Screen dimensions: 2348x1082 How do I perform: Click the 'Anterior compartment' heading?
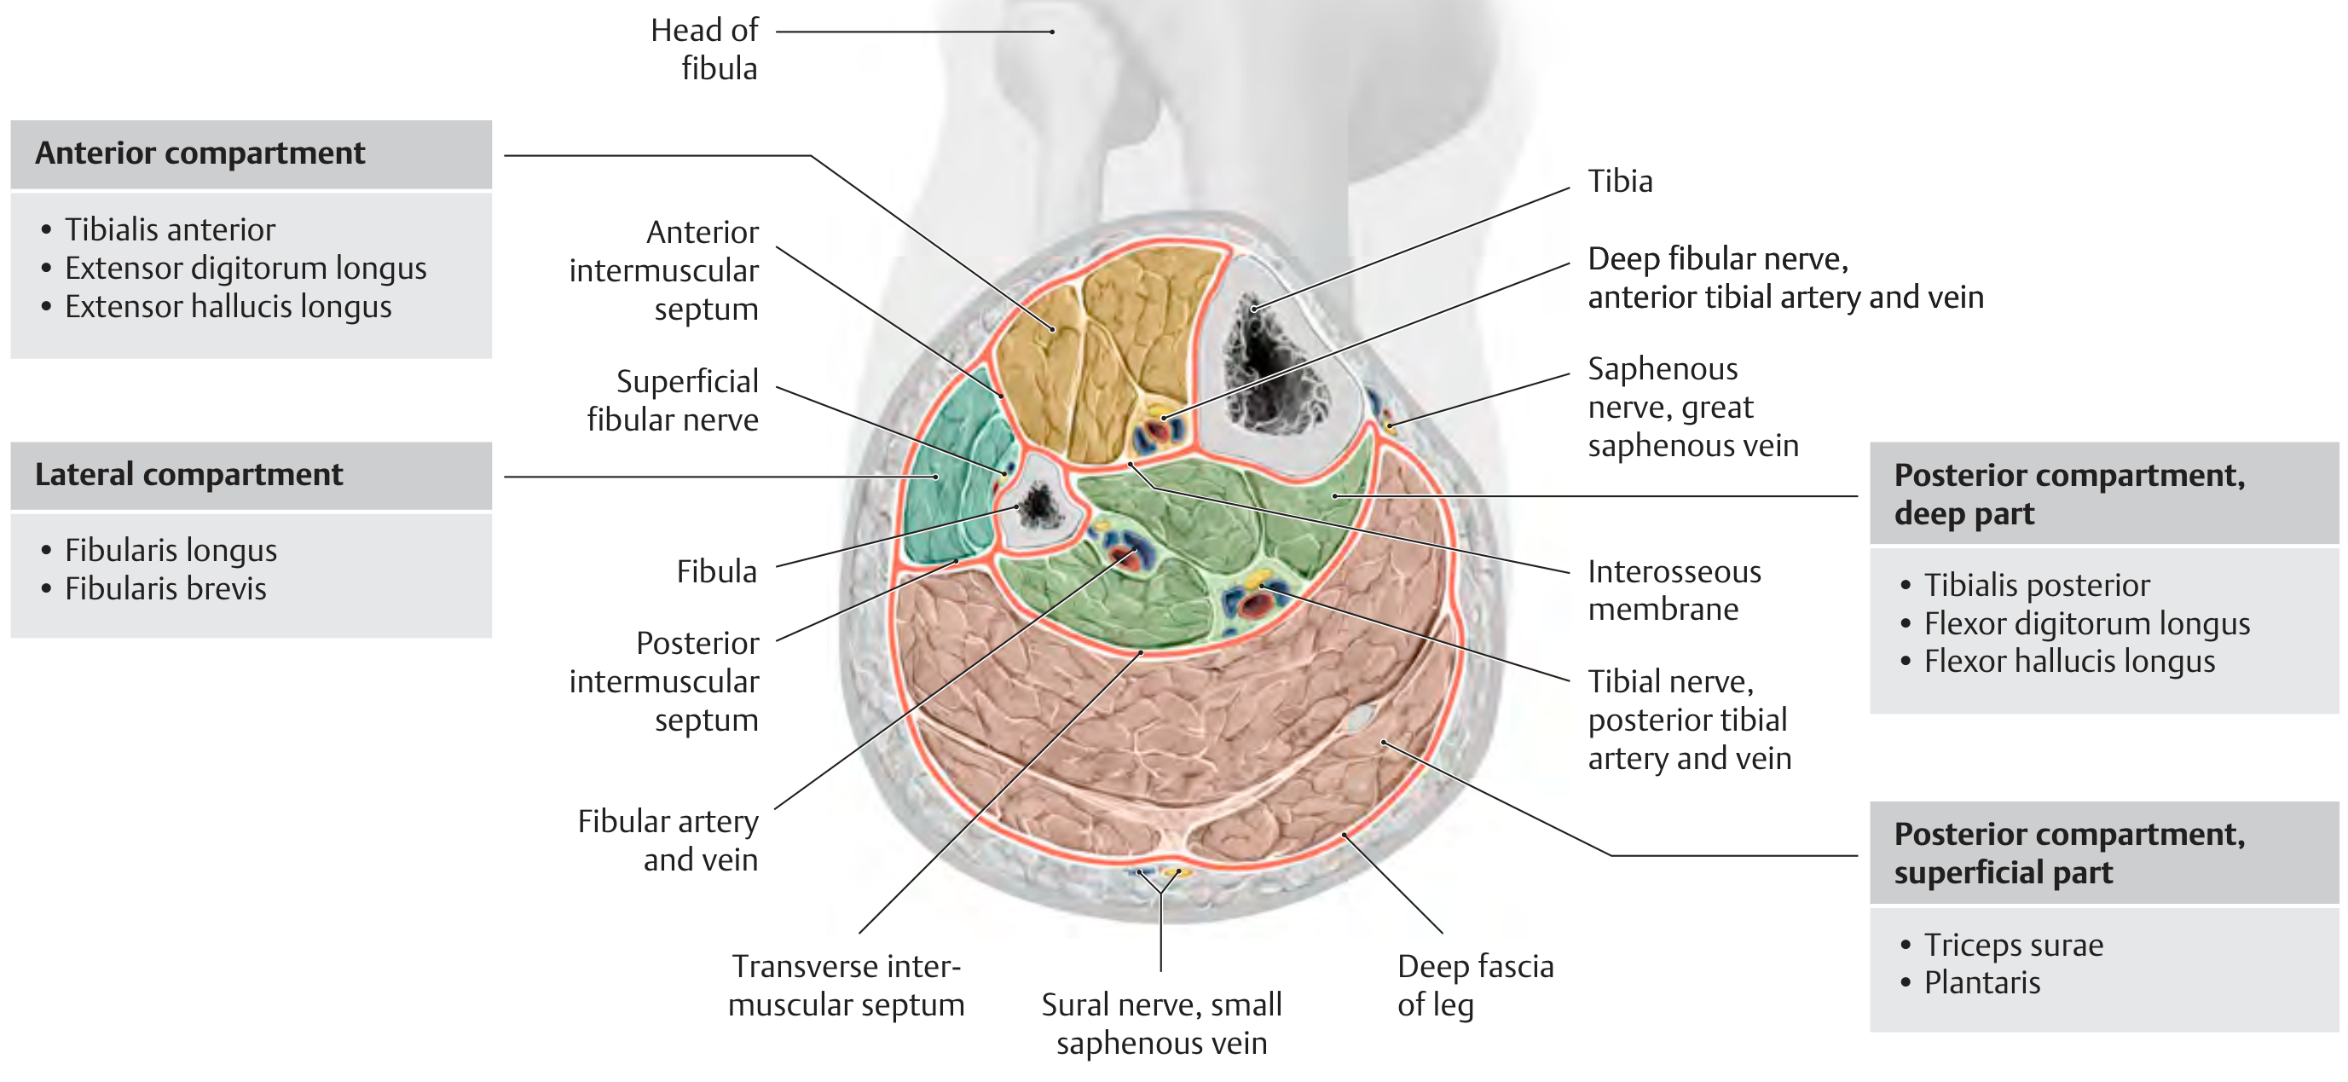pyautogui.click(x=200, y=153)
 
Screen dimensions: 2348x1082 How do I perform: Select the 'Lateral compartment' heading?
pyautogui.click(x=188, y=474)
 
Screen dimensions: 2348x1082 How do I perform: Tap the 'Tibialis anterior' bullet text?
pyautogui.click(x=170, y=229)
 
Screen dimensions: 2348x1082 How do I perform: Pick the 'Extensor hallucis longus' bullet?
pyautogui.click(x=228, y=306)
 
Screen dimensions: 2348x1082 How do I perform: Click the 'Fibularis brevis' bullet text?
pyautogui.click(x=166, y=589)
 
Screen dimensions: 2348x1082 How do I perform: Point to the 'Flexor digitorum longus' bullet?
pyautogui.click(x=2086, y=623)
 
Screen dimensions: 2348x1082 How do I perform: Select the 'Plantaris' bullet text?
pyautogui.click(x=1981, y=982)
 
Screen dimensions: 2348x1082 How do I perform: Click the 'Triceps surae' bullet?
pyautogui.click(x=2014, y=946)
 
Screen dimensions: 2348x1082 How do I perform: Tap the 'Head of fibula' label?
pyautogui.click(x=703, y=49)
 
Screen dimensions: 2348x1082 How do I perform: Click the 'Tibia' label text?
pyautogui.click(x=1620, y=181)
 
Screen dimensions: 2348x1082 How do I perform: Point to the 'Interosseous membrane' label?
pyautogui.click(x=1674, y=590)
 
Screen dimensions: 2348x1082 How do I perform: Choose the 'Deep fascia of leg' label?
pyautogui.click(x=1475, y=986)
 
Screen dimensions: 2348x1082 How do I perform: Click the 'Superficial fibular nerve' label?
pyautogui.click(x=673, y=400)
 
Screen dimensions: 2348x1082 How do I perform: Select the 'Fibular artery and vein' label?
pyautogui.click(x=668, y=841)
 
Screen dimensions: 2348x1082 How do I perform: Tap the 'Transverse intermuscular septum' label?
pyautogui.click(x=846, y=986)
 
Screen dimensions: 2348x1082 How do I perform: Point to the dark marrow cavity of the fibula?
pyautogui.click(x=1038, y=506)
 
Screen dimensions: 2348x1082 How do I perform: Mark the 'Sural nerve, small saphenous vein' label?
pyautogui.click(x=1161, y=1024)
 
